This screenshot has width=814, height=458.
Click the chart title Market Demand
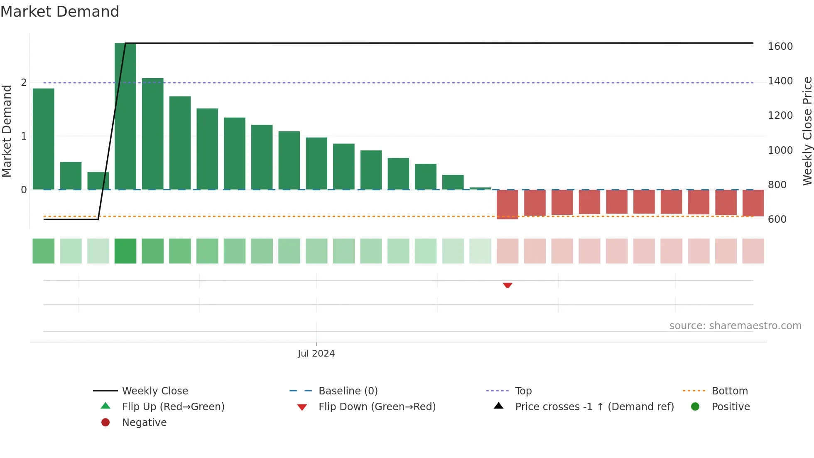point(60,12)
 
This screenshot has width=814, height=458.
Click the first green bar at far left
point(43,139)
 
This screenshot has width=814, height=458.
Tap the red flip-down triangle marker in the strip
point(507,285)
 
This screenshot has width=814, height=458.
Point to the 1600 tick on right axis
point(780,47)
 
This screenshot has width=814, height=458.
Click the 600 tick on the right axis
point(777,219)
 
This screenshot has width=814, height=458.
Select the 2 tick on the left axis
point(24,83)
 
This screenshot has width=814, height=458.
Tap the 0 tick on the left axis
point(24,190)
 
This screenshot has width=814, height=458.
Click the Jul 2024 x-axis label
point(316,354)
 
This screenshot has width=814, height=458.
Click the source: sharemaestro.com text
point(735,326)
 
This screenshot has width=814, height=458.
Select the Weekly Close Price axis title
point(807,131)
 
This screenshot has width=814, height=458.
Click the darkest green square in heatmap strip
point(125,251)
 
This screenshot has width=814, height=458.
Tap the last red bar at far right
point(753,203)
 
